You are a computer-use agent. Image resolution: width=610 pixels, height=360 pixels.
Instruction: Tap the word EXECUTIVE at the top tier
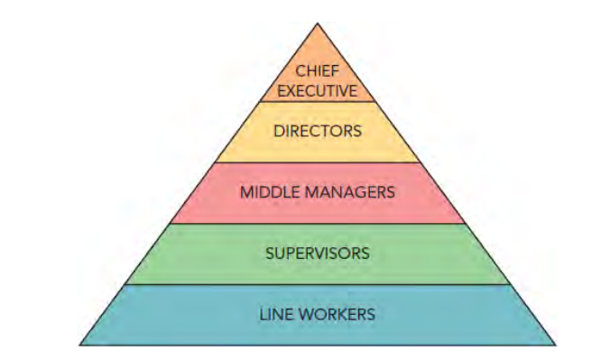317,89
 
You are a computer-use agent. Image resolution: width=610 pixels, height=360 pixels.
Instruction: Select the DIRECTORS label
317,131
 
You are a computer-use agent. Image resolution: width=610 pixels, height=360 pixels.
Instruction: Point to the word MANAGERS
346,192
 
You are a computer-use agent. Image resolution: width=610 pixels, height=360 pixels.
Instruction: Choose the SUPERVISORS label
317,253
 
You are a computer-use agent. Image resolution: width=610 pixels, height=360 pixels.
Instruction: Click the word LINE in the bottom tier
275,314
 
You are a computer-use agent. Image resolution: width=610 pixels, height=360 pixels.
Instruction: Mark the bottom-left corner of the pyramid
79,345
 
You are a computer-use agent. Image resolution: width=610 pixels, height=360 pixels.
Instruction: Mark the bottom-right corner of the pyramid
555,345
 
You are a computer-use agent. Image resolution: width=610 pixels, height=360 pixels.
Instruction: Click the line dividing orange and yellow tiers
317,101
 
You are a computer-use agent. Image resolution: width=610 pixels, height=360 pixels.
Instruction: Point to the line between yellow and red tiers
317,162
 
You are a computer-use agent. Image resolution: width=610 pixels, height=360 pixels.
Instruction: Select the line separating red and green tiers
317,224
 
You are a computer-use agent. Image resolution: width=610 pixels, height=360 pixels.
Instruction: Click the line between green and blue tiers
317,284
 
